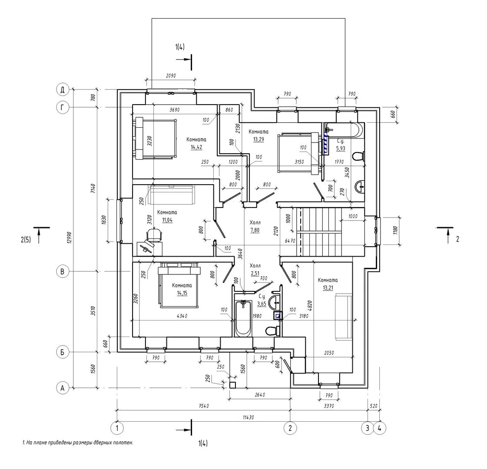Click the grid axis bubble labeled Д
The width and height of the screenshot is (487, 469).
click(63, 90)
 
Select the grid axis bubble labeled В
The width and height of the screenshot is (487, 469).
click(63, 271)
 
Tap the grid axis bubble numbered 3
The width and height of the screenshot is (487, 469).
click(368, 428)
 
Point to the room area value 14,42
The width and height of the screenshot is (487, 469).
click(196, 147)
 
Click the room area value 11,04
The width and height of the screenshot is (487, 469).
click(167, 220)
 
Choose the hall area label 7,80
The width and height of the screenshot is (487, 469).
click(255, 230)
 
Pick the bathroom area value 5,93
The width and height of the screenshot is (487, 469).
click(341, 149)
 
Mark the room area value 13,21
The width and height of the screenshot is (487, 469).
click(328, 288)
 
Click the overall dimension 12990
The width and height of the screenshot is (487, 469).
click(70, 238)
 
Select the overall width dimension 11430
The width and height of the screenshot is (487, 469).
click(248, 417)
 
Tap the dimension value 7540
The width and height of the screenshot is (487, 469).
click(203, 406)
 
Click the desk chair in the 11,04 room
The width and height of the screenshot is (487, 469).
click(154, 234)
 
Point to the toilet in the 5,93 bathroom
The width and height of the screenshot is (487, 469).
click(358, 156)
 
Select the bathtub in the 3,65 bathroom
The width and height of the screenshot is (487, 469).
click(243, 318)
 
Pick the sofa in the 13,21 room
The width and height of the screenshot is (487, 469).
click(343, 317)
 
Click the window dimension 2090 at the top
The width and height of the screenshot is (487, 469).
click(171, 76)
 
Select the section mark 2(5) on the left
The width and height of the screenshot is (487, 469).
click(26, 239)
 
